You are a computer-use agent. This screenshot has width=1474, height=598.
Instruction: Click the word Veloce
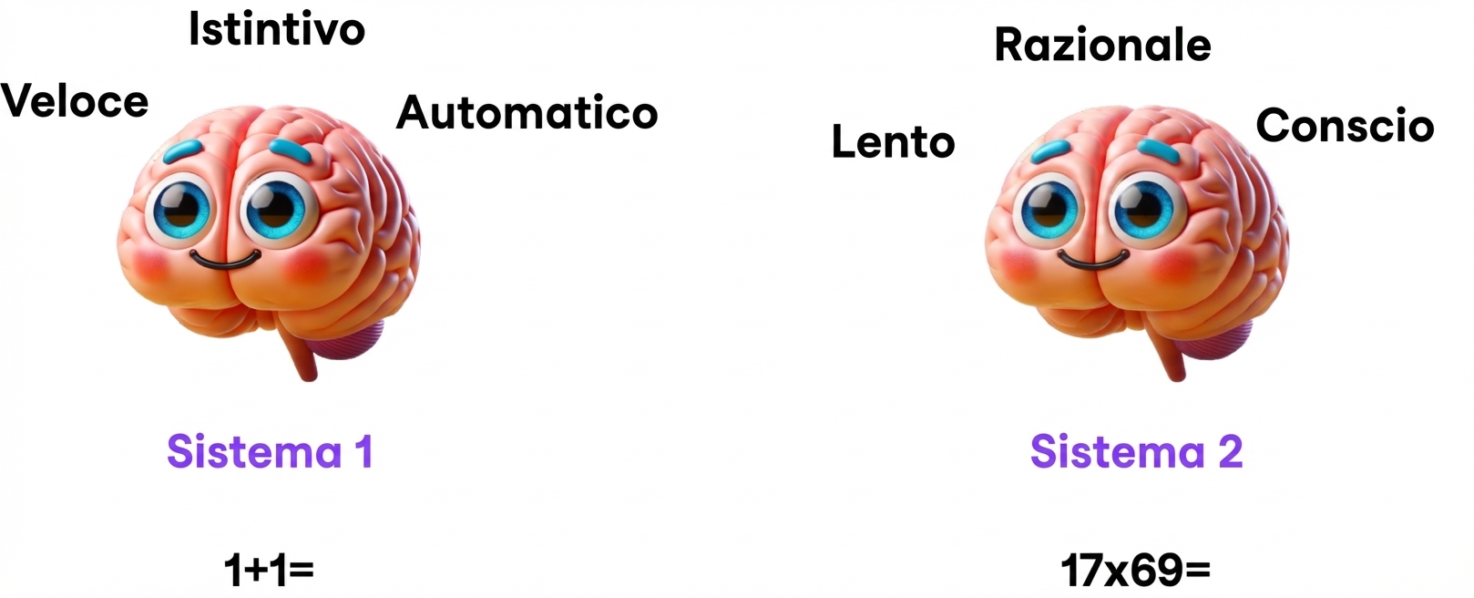(75, 101)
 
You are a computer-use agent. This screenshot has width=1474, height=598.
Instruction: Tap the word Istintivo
(277, 30)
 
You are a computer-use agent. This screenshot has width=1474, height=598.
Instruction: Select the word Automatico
(527, 113)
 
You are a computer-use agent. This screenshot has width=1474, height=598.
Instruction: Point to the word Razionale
(1102, 45)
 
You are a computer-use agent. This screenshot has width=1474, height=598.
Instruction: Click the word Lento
(893, 142)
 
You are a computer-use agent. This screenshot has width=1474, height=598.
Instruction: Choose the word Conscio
(1345, 125)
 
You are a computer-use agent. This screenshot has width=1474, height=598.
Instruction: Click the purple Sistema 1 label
(270, 451)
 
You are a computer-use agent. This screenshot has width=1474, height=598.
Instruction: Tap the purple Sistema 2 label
(1136, 451)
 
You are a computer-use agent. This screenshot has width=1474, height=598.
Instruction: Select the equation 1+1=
(269, 571)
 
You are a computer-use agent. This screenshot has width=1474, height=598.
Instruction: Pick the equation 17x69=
(1136, 571)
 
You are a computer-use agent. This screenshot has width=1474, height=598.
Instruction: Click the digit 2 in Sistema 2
(1230, 451)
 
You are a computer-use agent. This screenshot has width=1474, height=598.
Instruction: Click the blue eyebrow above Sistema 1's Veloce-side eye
(183, 150)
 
